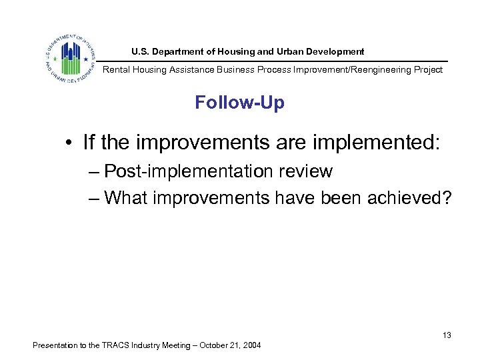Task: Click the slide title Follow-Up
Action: pyautogui.click(x=239, y=103)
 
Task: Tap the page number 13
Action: pyautogui.click(x=447, y=335)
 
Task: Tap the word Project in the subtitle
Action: pyautogui.click(x=427, y=70)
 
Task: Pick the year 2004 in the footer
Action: pyautogui.click(x=251, y=345)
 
